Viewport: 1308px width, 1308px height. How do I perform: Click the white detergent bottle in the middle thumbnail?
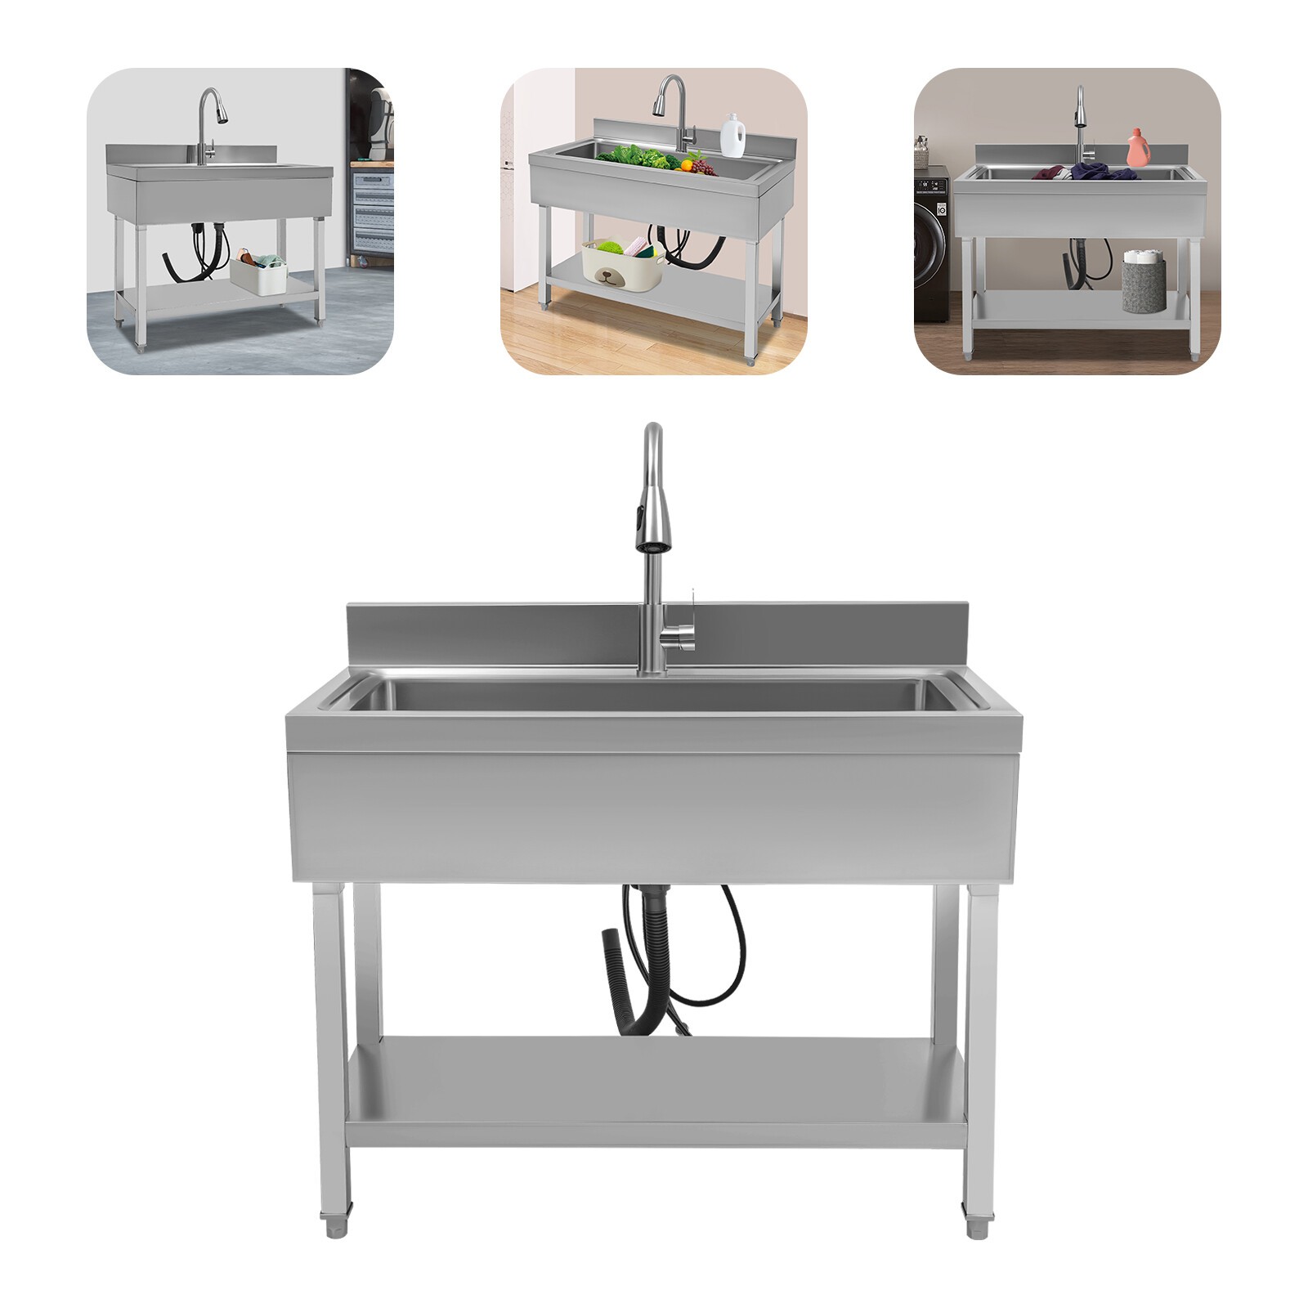coord(732,135)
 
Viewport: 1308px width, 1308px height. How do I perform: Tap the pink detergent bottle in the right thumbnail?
coord(1137,148)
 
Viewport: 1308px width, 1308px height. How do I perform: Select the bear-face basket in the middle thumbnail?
coord(621,263)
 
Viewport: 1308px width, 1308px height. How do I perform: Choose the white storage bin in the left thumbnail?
coord(258,274)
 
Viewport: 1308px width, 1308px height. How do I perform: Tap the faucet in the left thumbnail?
coord(210,123)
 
